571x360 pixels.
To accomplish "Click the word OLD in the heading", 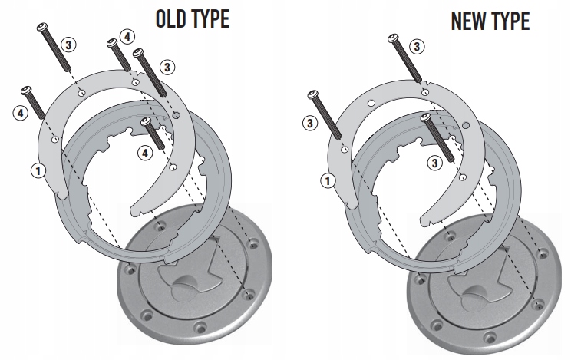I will coord(173,18).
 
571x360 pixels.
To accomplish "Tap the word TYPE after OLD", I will coord(210,18).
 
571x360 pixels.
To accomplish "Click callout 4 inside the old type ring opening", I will coord(144,154).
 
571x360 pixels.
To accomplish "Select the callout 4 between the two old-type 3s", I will coord(127,36).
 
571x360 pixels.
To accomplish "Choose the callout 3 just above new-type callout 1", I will coord(309,122).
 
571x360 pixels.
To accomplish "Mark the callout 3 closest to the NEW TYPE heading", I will coord(417,47).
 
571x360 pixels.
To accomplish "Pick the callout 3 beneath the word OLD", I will coord(69,44).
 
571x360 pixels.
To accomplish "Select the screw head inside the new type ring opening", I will coord(425,117).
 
